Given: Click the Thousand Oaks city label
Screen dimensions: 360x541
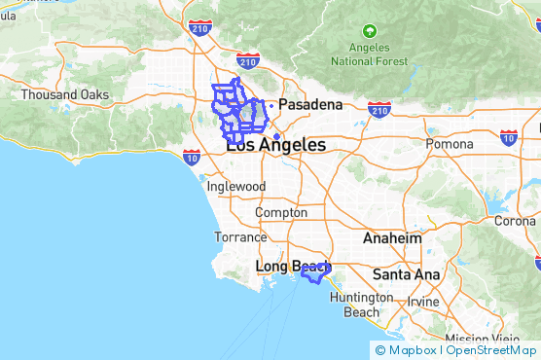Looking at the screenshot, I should [x=66, y=94].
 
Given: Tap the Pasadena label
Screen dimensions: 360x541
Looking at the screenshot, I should [x=310, y=104].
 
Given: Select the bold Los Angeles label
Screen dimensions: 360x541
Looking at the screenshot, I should [x=276, y=144].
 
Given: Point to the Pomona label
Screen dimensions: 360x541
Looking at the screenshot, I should [x=449, y=144].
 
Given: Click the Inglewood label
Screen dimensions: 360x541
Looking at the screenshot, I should [x=235, y=186].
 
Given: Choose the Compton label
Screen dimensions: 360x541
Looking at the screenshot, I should [x=281, y=212].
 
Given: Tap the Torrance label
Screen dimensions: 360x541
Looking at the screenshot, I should [x=240, y=236].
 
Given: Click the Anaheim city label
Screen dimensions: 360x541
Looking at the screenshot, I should [x=391, y=237].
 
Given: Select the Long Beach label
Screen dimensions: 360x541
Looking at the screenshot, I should [x=287, y=266].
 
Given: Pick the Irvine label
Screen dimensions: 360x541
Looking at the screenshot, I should [x=423, y=302].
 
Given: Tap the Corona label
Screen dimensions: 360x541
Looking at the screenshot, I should [x=515, y=220].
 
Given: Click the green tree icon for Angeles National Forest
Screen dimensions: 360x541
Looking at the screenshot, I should [x=369, y=31].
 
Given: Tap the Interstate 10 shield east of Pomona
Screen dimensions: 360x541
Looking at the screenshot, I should [x=507, y=139].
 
